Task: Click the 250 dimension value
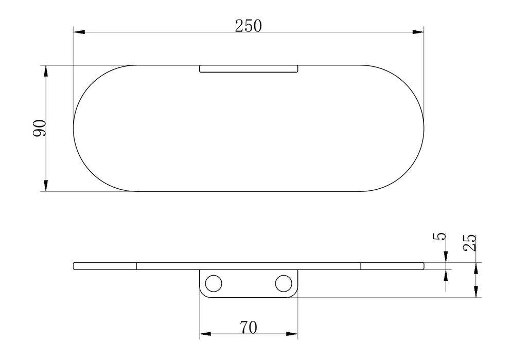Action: click(249, 26)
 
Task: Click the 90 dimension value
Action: click(40, 128)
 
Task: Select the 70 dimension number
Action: click(249, 328)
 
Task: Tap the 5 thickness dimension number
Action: click(440, 236)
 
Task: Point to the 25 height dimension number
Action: click(470, 243)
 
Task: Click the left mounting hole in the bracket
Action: click(214, 283)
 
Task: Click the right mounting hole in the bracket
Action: click(284, 283)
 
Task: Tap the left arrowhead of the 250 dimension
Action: click(79, 32)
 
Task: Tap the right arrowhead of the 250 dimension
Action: click(418, 32)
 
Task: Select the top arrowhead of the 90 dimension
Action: click(46, 71)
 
